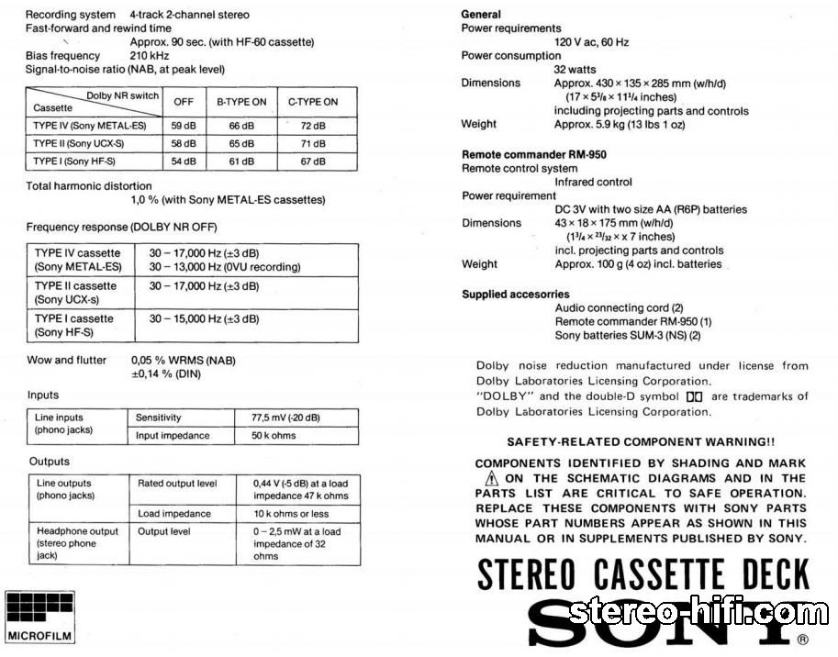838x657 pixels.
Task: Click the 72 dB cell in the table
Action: tap(313, 125)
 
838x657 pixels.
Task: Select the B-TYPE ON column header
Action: tap(241, 102)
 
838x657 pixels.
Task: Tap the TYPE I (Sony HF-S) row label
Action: tap(75, 161)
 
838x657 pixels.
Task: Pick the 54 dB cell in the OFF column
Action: tap(184, 161)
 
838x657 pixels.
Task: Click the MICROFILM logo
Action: tap(40, 617)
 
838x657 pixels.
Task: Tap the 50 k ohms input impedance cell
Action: tap(274, 436)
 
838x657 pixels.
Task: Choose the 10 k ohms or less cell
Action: tap(290, 514)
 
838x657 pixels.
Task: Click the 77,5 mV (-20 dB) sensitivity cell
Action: tap(285, 418)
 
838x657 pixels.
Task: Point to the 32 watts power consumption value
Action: tap(575, 70)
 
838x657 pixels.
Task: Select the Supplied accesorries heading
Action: tap(515, 295)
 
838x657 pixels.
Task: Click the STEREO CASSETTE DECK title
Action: tap(642, 574)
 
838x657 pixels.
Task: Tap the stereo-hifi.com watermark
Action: tap(698, 612)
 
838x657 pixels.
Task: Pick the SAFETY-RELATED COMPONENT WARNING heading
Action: tap(641, 441)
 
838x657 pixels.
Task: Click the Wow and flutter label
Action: tap(66, 361)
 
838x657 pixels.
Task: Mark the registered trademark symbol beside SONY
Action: tap(802, 640)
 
